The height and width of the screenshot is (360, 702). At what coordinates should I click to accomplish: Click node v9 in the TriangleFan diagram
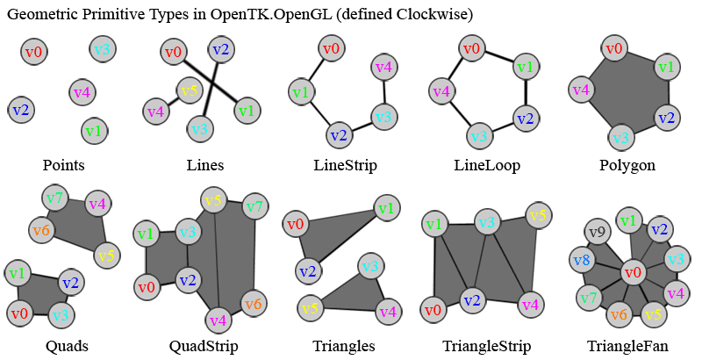(x=597, y=234)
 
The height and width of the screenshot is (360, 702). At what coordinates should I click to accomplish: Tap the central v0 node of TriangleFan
(x=631, y=273)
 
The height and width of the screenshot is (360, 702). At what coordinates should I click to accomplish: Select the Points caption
(x=64, y=165)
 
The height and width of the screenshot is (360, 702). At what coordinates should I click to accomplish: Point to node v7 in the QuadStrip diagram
(x=255, y=208)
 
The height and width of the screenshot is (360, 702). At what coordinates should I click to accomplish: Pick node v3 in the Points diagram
(x=102, y=49)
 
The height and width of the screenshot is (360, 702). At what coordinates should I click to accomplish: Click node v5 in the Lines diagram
(x=189, y=90)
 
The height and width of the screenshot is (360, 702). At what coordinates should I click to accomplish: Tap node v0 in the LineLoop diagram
(x=473, y=50)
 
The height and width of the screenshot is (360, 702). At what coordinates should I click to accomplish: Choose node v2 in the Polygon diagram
(x=666, y=118)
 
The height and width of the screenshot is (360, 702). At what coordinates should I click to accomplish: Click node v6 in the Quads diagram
(x=41, y=231)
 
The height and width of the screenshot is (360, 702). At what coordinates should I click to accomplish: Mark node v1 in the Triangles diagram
(x=385, y=207)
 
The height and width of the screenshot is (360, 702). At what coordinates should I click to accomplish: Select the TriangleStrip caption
(x=487, y=346)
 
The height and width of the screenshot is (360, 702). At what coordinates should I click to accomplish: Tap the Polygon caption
(x=627, y=165)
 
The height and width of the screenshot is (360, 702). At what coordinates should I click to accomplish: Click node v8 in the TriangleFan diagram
(x=581, y=260)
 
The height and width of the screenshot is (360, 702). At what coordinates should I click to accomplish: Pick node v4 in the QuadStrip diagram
(x=218, y=319)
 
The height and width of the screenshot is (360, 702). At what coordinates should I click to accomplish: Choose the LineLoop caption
(x=487, y=165)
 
